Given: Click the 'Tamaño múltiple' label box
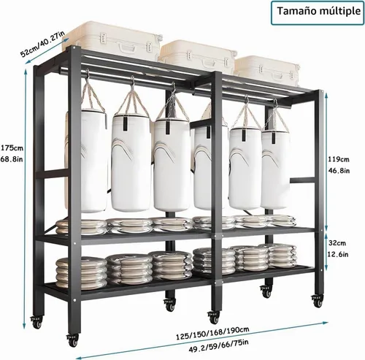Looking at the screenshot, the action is pos(318,12).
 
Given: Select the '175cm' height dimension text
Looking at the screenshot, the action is pos(12,148).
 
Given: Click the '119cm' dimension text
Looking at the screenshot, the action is pos(339,159).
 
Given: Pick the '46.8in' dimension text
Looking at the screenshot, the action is pos(339,171).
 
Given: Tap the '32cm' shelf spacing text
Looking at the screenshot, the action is pos(337,243).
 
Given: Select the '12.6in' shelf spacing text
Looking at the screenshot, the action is pos(338,254).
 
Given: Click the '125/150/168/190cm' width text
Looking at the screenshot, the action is pos(212,333).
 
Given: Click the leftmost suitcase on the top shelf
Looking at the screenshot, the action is pos(112,41).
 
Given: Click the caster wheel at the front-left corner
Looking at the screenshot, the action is pos(72,340).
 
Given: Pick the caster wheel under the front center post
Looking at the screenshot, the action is pos(213,317).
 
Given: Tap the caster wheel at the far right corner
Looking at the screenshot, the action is pos(318,301).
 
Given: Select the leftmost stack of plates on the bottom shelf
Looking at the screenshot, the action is pos(81,274).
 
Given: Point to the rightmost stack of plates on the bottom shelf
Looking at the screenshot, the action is pos(282,256).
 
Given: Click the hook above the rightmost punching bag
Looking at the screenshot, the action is pos(276,104).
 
